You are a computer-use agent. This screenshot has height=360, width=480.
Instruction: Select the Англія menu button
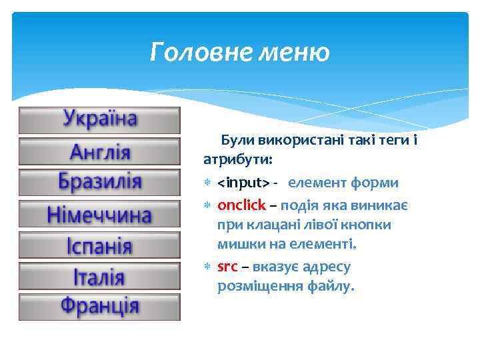pyautogui.click(x=100, y=151)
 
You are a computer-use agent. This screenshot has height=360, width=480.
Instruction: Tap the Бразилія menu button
pyautogui.click(x=100, y=182)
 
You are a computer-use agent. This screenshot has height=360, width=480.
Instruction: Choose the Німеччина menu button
pyautogui.click(x=100, y=214)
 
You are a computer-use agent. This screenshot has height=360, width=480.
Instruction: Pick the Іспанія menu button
pyautogui.click(x=100, y=245)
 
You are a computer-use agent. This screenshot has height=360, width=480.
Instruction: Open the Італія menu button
pyautogui.click(x=100, y=276)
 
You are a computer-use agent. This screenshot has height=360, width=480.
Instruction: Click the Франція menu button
pyautogui.click(x=100, y=307)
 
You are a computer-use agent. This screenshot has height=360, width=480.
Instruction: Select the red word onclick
pyautogui.click(x=241, y=205)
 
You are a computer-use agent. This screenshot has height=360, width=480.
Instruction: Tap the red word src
pyautogui.click(x=227, y=267)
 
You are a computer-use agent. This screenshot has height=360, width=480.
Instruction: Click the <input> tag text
pyautogui.click(x=243, y=183)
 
